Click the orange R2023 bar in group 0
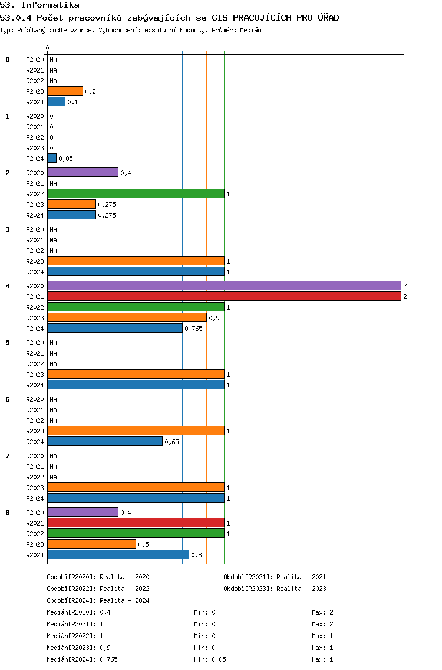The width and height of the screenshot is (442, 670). click(65, 91)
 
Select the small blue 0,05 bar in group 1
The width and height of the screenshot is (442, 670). click(52, 158)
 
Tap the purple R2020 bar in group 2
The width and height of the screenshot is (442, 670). click(83, 172)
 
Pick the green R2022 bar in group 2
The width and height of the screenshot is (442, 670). click(136, 193)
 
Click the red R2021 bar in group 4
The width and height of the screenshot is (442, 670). click(224, 296)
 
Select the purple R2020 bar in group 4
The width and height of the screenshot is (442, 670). click(224, 285)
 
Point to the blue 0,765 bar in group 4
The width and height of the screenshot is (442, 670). click(115, 328)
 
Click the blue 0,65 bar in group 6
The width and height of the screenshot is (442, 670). click(105, 441)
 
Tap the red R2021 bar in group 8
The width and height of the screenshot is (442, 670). click(136, 522)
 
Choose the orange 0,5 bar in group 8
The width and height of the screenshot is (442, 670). click(92, 544)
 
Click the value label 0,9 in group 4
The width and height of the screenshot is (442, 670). click(214, 318)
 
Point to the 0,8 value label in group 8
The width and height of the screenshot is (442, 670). click(196, 555)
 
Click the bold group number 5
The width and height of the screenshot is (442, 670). click(8, 343)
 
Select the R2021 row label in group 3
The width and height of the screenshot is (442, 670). click(35, 240)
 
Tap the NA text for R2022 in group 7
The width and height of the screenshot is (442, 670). click(54, 477)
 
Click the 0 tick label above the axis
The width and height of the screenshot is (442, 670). click(47, 48)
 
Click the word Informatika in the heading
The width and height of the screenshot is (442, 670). click(50, 5)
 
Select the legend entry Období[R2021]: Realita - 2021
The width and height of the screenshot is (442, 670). click(275, 577)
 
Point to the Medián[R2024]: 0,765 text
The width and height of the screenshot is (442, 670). click(82, 659)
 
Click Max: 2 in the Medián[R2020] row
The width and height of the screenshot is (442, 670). click(322, 612)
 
